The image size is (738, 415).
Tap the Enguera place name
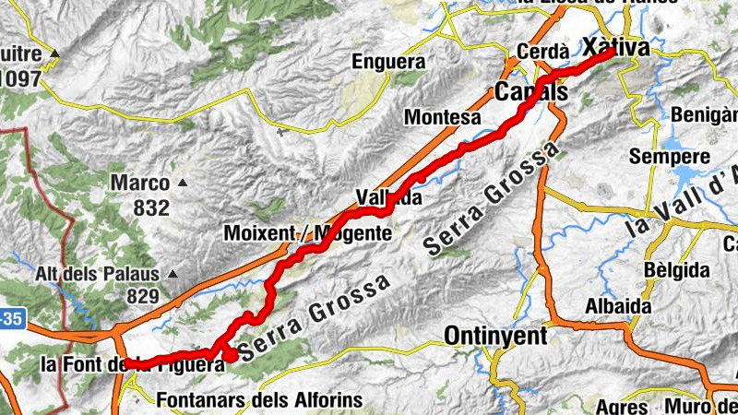[x=388, y=63]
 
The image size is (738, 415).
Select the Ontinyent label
[x=494, y=336]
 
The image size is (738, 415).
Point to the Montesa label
[x=443, y=117]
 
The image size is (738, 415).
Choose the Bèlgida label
[x=677, y=270]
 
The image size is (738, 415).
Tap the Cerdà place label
[x=542, y=53]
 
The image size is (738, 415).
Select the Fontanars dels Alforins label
[x=259, y=401]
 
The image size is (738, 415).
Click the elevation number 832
[x=151, y=207]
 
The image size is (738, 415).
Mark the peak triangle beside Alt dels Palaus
[x=171, y=274]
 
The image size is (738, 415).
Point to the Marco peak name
[x=140, y=183]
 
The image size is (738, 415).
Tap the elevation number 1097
[x=20, y=79]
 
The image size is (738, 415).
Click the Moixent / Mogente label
[x=308, y=233]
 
